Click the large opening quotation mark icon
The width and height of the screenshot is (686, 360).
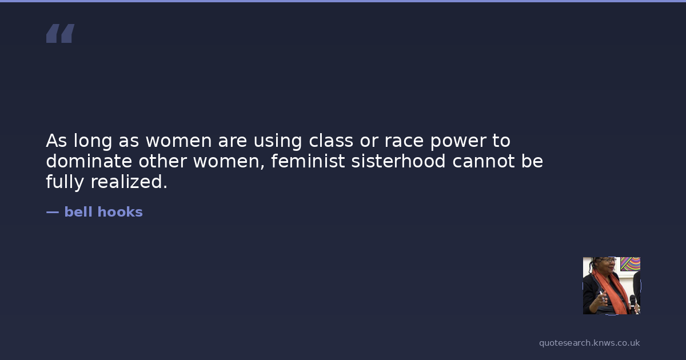coord(61,33)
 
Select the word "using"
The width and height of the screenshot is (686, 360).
coord(278,142)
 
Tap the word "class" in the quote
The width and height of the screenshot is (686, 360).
coord(331,141)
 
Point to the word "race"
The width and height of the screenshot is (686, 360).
coord(404,142)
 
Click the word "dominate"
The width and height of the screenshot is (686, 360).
coord(89,161)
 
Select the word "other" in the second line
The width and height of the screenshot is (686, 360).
coord(162,161)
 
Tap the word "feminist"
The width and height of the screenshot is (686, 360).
coord(308,161)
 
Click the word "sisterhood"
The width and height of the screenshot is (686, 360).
coord(398,161)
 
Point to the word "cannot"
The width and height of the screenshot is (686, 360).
coord(484,162)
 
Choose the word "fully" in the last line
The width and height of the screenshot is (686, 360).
coord(65,182)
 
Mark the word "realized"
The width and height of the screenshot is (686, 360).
coord(129,182)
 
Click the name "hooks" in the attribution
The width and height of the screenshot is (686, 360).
coord(120,212)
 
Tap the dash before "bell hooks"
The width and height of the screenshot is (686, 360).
coord(53,212)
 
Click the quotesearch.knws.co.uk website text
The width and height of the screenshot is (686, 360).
coord(589,343)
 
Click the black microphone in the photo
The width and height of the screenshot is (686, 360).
coord(633,303)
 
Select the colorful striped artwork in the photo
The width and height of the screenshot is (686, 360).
coord(630,264)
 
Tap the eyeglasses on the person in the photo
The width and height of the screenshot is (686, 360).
coord(608,260)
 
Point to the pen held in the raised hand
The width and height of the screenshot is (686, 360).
coord(602,296)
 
